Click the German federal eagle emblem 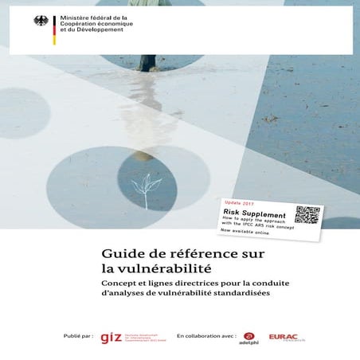(x=41, y=22)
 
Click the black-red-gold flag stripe (x=53, y=29)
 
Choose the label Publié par (x=78, y=337)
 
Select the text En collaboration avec (x=206, y=337)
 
